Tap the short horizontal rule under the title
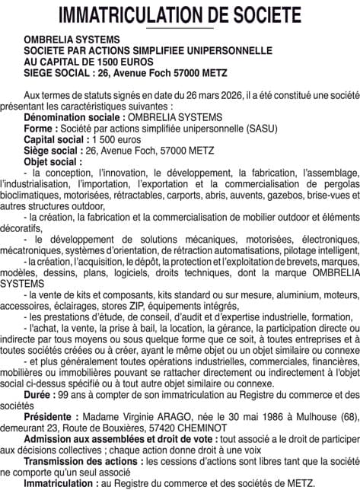click(180, 28)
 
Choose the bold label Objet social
click(53, 162)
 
